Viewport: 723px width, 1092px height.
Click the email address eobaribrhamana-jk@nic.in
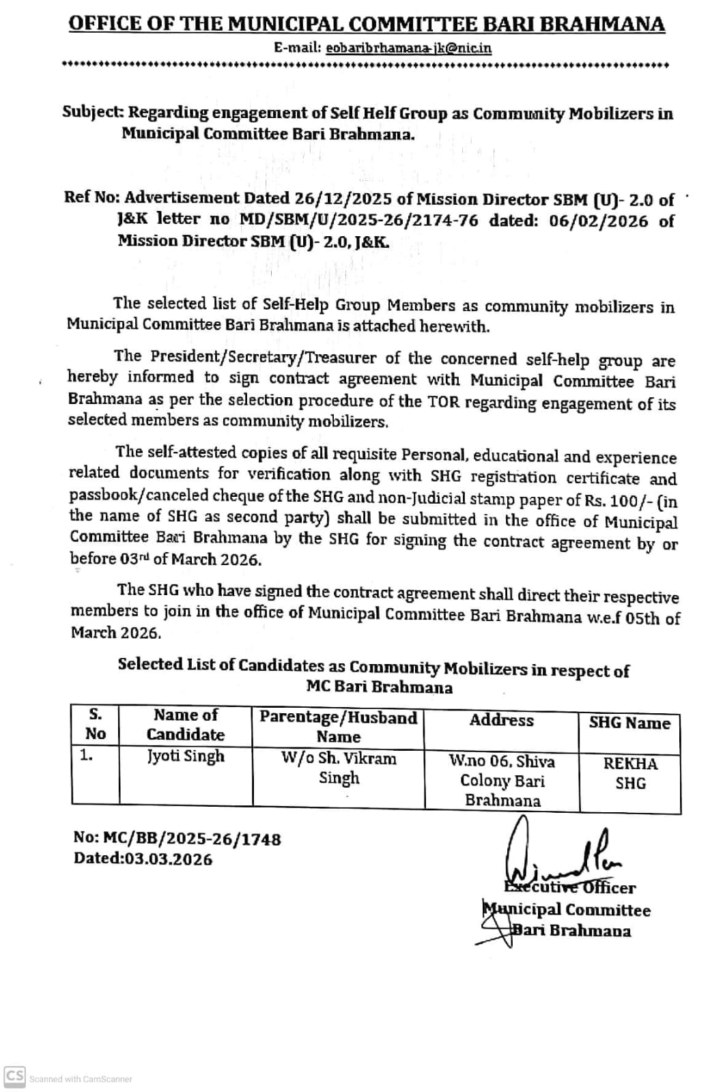[x=408, y=48]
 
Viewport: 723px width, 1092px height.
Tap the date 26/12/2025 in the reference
[x=343, y=199]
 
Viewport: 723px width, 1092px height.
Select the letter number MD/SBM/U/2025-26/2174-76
[x=359, y=220]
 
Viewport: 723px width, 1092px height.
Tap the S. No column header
[x=96, y=724]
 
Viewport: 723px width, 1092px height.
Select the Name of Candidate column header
[x=186, y=725]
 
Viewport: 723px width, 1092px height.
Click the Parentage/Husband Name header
[x=339, y=726]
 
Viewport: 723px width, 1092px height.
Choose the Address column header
[x=502, y=721]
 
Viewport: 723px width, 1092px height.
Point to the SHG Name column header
[x=629, y=723]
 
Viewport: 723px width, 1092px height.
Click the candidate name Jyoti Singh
[x=186, y=756]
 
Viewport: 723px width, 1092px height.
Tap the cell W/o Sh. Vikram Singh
[x=339, y=768]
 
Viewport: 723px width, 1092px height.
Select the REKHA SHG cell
[x=630, y=773]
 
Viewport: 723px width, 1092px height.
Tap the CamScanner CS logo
[x=15, y=1076]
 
